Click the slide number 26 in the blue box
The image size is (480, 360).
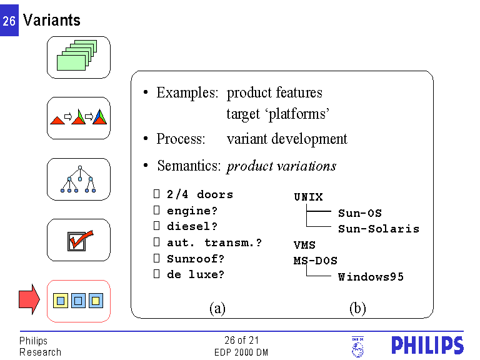tap(9, 21)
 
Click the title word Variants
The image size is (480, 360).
tap(52, 20)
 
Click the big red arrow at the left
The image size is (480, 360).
tap(29, 300)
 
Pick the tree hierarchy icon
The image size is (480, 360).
tap(79, 179)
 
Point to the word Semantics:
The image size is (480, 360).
tap(189, 166)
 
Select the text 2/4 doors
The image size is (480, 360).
tap(200, 194)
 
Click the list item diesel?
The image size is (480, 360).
tap(192, 226)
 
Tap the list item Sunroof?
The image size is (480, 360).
tap(196, 258)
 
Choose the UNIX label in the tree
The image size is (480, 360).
tap(308, 197)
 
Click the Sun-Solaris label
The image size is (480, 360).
tap(379, 229)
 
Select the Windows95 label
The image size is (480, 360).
tap(371, 276)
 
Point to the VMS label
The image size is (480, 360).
tap(304, 245)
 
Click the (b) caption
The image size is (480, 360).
tap(357, 308)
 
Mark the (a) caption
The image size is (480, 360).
tap(217, 308)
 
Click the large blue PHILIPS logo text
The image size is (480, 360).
tap(427, 346)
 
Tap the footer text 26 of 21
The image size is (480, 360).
tap(241, 341)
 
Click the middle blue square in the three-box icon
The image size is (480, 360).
tap(78, 301)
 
